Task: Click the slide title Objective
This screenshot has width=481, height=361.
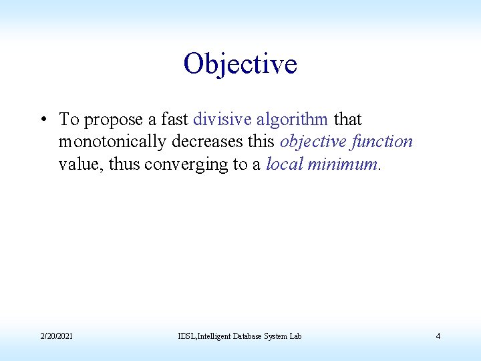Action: tap(240, 64)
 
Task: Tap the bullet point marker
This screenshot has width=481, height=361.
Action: tap(42, 120)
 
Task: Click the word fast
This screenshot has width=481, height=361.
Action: tap(174, 120)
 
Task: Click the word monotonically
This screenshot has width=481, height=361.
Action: tap(112, 142)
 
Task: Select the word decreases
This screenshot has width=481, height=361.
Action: tap(208, 142)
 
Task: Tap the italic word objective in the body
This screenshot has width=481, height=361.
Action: tap(313, 142)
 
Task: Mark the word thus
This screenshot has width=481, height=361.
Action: tap(124, 164)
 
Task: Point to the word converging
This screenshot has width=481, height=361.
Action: tap(185, 164)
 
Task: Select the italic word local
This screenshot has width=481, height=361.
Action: tap(284, 164)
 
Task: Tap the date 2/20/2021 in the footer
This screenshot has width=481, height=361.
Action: tap(56, 336)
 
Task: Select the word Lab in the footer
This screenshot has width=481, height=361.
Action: tap(295, 336)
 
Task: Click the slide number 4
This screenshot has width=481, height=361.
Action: tap(438, 336)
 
